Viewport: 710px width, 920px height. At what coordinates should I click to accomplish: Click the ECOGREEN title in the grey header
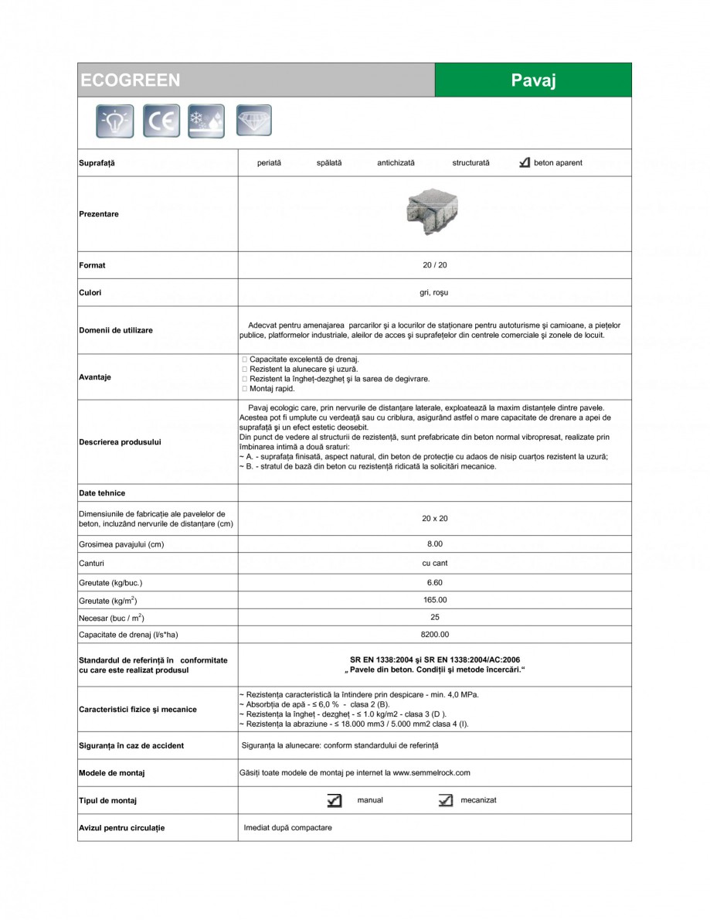(x=130, y=80)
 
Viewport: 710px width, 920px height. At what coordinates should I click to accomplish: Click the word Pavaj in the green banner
(x=533, y=80)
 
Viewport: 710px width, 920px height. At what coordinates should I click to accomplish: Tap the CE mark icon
(x=161, y=121)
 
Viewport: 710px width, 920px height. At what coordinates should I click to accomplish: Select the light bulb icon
(x=114, y=121)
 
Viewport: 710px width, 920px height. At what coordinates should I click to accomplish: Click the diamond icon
(x=253, y=121)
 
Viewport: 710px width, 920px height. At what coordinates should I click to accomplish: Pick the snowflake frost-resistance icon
(x=206, y=121)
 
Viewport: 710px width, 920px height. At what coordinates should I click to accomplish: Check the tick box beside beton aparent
(x=525, y=163)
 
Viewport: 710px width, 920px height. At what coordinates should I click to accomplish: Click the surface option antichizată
(x=396, y=163)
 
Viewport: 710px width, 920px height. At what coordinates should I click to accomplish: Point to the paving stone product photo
(x=433, y=213)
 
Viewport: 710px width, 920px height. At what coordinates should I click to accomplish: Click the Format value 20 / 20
(x=434, y=265)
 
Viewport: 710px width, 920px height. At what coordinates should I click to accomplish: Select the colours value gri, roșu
(x=434, y=293)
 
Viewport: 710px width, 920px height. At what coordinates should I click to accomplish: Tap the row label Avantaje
(x=95, y=377)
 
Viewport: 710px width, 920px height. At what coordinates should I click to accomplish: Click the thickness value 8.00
(x=434, y=544)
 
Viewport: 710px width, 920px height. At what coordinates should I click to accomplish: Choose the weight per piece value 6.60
(x=434, y=583)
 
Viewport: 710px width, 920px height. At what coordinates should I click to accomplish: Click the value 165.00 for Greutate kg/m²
(x=434, y=600)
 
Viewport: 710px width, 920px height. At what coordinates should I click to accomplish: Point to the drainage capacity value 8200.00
(x=434, y=634)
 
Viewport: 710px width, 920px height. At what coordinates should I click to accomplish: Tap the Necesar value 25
(x=434, y=617)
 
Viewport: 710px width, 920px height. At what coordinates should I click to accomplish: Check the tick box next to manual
(x=334, y=801)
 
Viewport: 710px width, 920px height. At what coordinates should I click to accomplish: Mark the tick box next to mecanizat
(x=445, y=801)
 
